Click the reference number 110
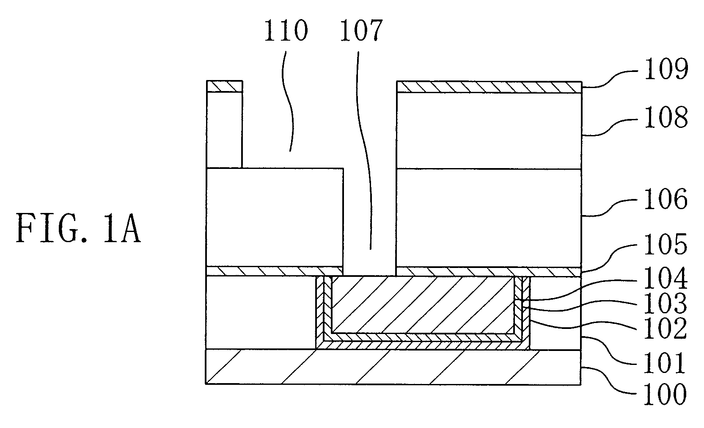[286, 30]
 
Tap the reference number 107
[361, 30]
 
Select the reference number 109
[666, 69]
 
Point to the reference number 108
[666, 117]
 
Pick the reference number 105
[666, 244]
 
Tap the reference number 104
[666, 278]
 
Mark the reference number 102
[666, 328]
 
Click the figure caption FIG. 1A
[78, 228]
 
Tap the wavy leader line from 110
[288, 101]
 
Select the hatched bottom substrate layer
[393, 367]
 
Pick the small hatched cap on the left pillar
[224, 86]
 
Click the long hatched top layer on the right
[489, 87]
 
